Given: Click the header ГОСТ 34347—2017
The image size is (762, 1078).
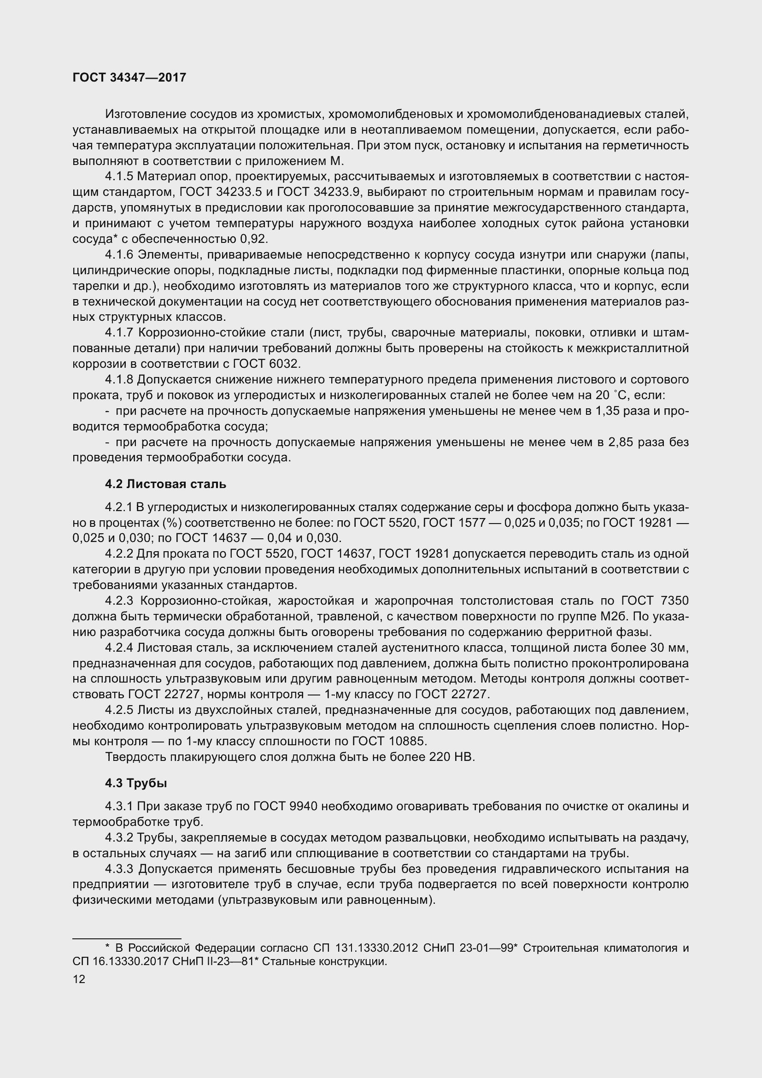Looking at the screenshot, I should (x=129, y=77).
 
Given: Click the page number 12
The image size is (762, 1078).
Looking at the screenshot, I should (x=79, y=979).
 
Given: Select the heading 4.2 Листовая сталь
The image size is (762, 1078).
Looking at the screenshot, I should (x=166, y=484).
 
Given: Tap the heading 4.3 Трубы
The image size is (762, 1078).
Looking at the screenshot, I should (x=136, y=783).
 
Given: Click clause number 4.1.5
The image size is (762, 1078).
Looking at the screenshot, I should (x=120, y=177).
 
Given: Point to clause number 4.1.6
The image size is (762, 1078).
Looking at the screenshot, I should (x=120, y=254).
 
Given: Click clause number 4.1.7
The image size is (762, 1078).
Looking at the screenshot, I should (x=120, y=333).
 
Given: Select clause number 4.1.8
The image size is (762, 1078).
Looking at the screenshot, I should (x=120, y=379).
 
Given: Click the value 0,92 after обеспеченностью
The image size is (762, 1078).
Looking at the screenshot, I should (x=253, y=239).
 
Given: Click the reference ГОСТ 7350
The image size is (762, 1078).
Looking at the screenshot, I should (x=655, y=601).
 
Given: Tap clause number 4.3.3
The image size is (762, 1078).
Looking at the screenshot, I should (x=120, y=869).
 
